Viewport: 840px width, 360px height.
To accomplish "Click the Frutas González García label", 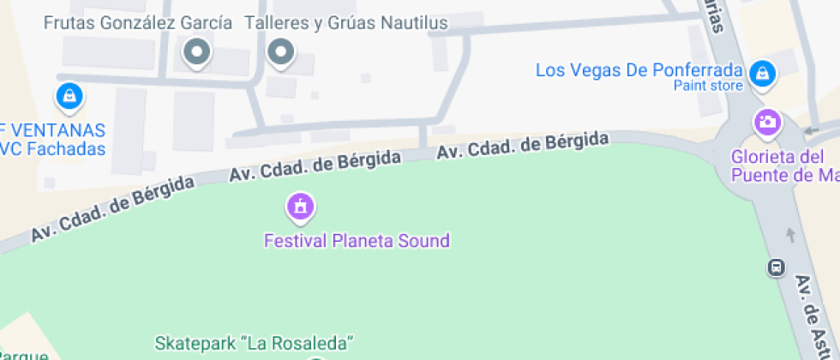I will coord(138,23).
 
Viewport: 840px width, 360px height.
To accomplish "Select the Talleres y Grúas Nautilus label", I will coord(346,23).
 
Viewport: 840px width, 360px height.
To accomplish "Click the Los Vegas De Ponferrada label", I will coord(639,69).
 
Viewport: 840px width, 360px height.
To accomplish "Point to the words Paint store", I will coord(707,85).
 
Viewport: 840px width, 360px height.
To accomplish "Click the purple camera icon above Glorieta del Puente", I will coord(767,122).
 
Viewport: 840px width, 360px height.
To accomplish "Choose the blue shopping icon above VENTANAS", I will coord(69,96).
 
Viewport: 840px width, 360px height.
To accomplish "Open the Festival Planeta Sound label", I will coord(356,240).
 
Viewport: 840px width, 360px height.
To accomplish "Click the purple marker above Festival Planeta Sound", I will coord(300,206).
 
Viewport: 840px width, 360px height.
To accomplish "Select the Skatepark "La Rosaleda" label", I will coord(254,344).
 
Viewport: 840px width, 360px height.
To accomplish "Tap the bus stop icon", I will coord(775,267).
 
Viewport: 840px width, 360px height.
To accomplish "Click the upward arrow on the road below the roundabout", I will coord(789,234).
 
